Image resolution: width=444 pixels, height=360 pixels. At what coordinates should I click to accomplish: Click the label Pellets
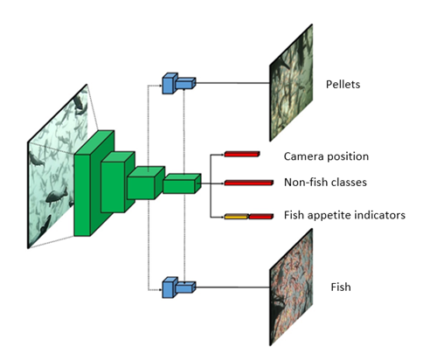click(x=343, y=84)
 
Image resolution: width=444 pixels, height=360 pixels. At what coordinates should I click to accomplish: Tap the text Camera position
click(x=326, y=156)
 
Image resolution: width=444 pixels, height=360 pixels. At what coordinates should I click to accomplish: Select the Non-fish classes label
click(x=325, y=183)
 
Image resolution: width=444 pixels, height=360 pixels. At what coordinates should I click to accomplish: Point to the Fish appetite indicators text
click(x=344, y=215)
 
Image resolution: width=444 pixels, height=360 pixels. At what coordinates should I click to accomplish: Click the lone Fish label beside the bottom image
click(x=341, y=287)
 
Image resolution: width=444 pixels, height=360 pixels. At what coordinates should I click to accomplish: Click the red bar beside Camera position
click(x=242, y=154)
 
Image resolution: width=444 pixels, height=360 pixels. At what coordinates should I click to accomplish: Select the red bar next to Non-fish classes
click(x=249, y=183)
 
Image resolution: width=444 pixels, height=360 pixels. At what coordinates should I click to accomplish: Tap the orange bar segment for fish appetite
click(x=236, y=217)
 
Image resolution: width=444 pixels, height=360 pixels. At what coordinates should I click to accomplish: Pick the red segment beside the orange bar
click(x=261, y=217)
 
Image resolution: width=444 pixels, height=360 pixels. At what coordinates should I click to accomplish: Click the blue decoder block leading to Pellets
click(x=178, y=83)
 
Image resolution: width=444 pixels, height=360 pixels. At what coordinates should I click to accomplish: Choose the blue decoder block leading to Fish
click(x=178, y=287)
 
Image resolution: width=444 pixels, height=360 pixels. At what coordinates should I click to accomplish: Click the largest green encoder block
click(x=94, y=183)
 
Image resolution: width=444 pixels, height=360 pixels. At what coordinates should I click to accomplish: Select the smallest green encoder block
click(x=182, y=183)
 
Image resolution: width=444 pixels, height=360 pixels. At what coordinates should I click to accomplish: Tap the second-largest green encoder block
click(x=117, y=182)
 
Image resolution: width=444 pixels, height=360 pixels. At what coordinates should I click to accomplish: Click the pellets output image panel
click(x=291, y=83)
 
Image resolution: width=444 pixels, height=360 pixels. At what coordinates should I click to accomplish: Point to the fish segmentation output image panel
click(x=291, y=287)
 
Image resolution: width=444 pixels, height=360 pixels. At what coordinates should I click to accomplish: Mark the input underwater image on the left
click(x=57, y=167)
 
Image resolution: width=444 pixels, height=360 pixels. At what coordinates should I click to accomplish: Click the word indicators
click(x=379, y=215)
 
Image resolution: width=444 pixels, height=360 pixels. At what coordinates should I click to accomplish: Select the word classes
click(x=350, y=183)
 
